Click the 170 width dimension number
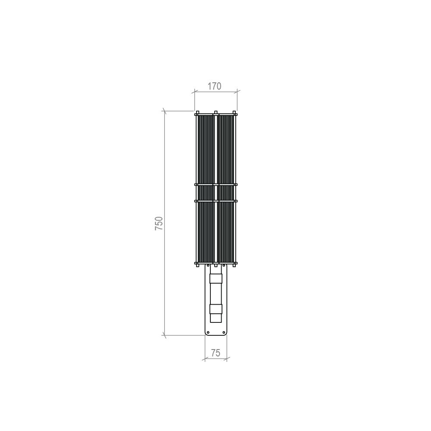pos(214,86)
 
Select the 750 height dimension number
pos(159,223)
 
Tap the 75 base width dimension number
pos(215,353)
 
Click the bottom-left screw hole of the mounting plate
pos(208,332)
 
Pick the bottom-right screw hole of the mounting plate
pos(223,332)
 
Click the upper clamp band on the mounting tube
pos(215,278)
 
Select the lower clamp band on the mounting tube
pos(215,309)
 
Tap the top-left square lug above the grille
pos(197,113)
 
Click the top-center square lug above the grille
pos(215,113)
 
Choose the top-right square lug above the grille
pos(234,113)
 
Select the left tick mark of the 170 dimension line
pos(194,91)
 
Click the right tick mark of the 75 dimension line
pos(227,358)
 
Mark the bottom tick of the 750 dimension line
pos(164,334)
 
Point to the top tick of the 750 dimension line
pos(164,111)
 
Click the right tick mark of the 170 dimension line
pos(237,91)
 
